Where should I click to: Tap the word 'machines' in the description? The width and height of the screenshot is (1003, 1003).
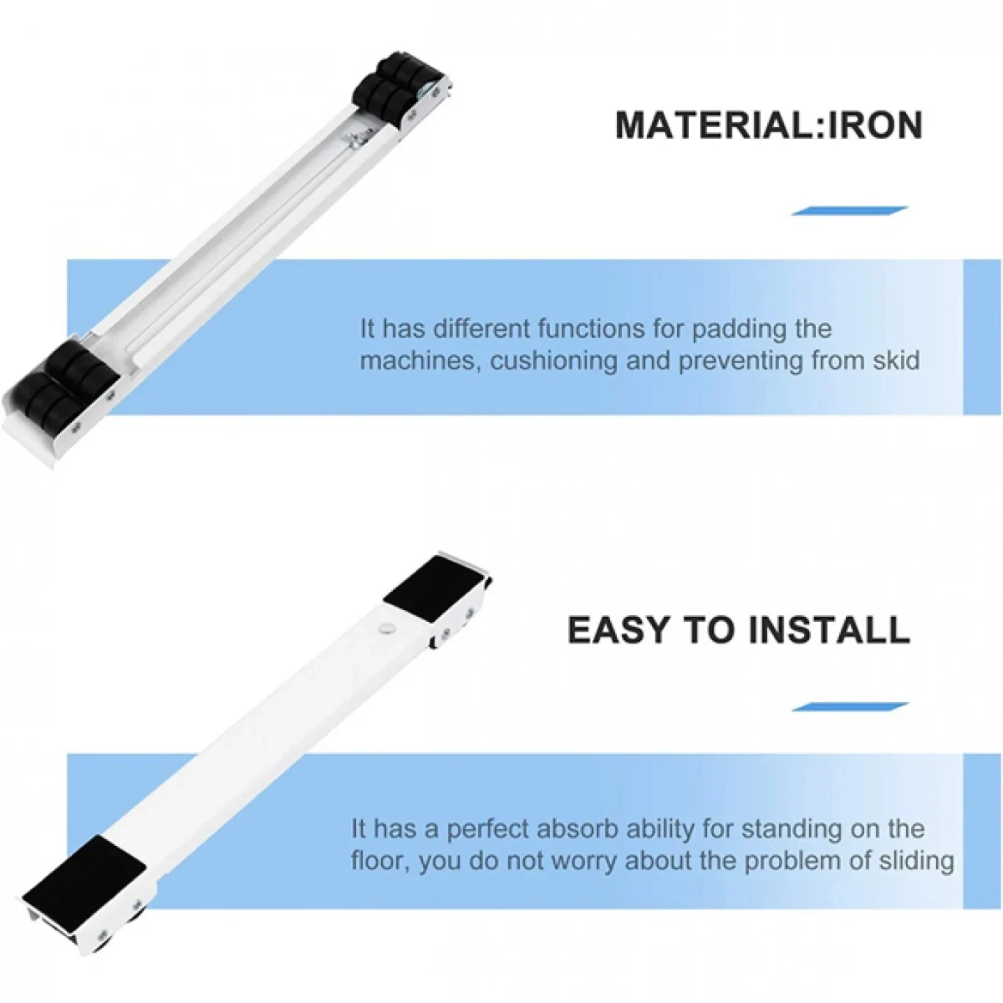[x=420, y=362]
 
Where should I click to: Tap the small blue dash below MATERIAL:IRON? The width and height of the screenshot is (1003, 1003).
[x=849, y=211]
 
